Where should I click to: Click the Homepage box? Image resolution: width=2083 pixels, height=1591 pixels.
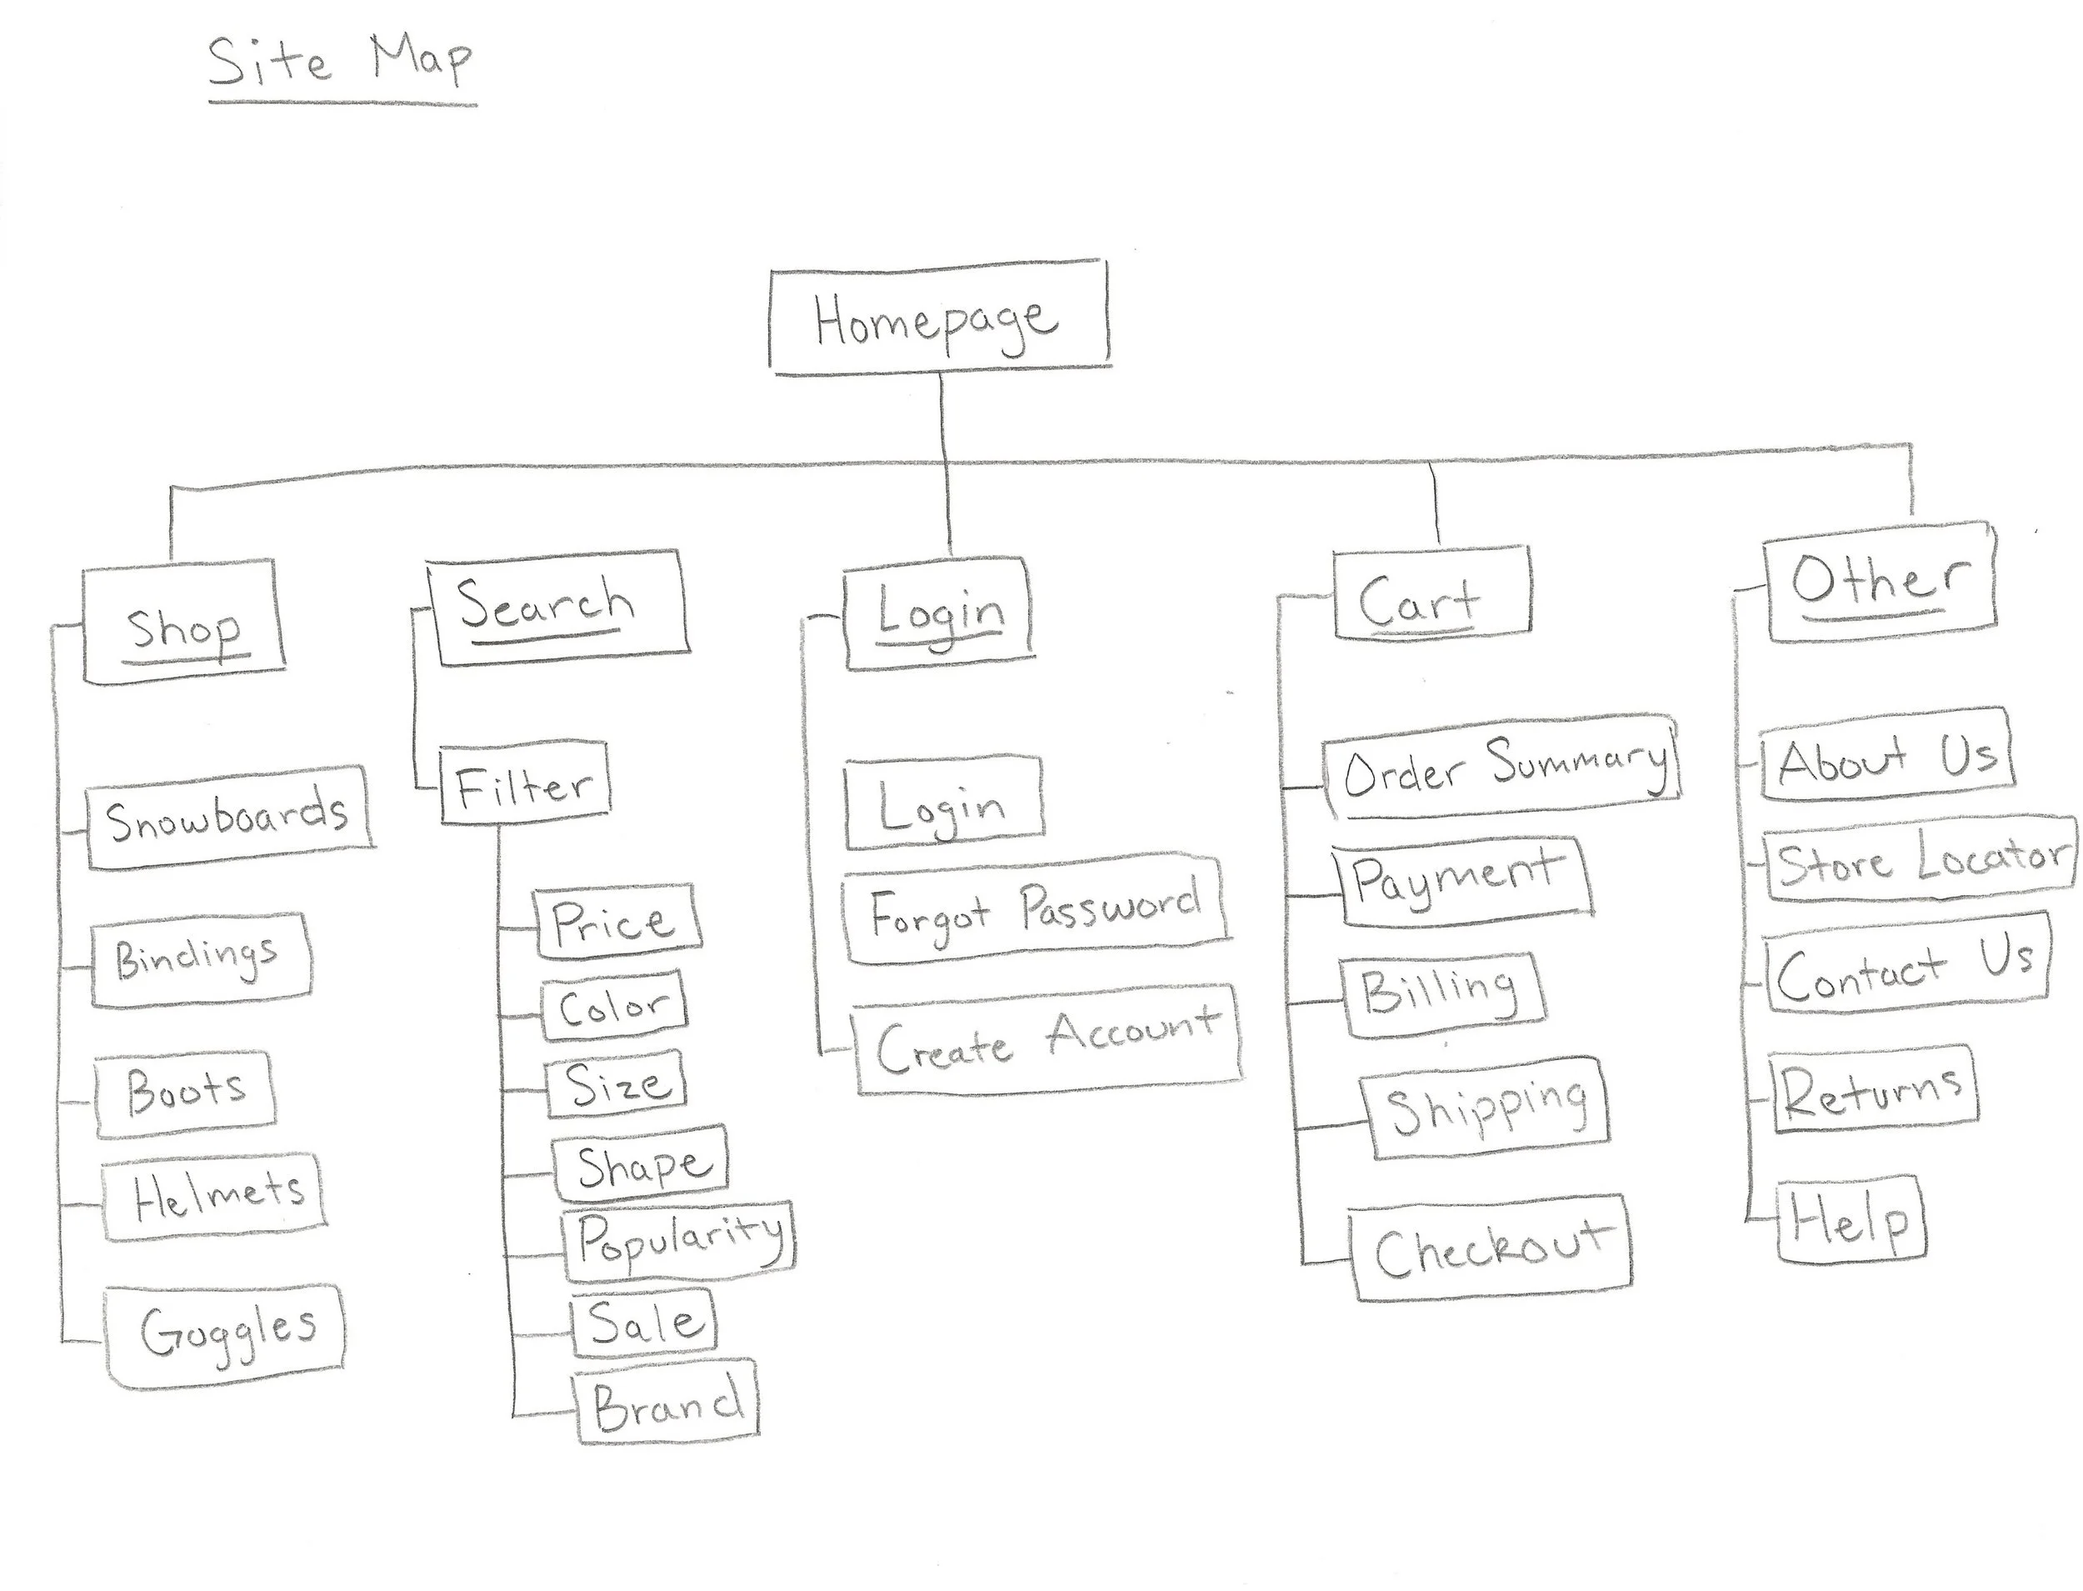pyautogui.click(x=937, y=319)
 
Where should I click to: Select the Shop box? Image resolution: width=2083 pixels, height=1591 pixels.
pyautogui.click(x=183, y=623)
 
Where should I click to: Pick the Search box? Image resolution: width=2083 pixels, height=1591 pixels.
pyautogui.click(x=557, y=607)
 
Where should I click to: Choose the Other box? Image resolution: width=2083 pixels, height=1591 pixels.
pyautogui.click(x=1880, y=582)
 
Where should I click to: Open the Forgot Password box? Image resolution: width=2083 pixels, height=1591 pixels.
pyautogui.click(x=1035, y=911)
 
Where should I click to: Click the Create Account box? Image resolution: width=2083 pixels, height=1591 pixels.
pyautogui.click(x=1047, y=1041)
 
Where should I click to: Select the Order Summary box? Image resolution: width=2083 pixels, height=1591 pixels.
pyautogui.click(x=1501, y=766)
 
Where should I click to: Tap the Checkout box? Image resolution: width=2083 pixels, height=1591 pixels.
pyautogui.click(x=1491, y=1249)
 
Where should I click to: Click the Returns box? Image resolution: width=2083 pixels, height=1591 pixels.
pyautogui.click(x=1873, y=1089)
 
